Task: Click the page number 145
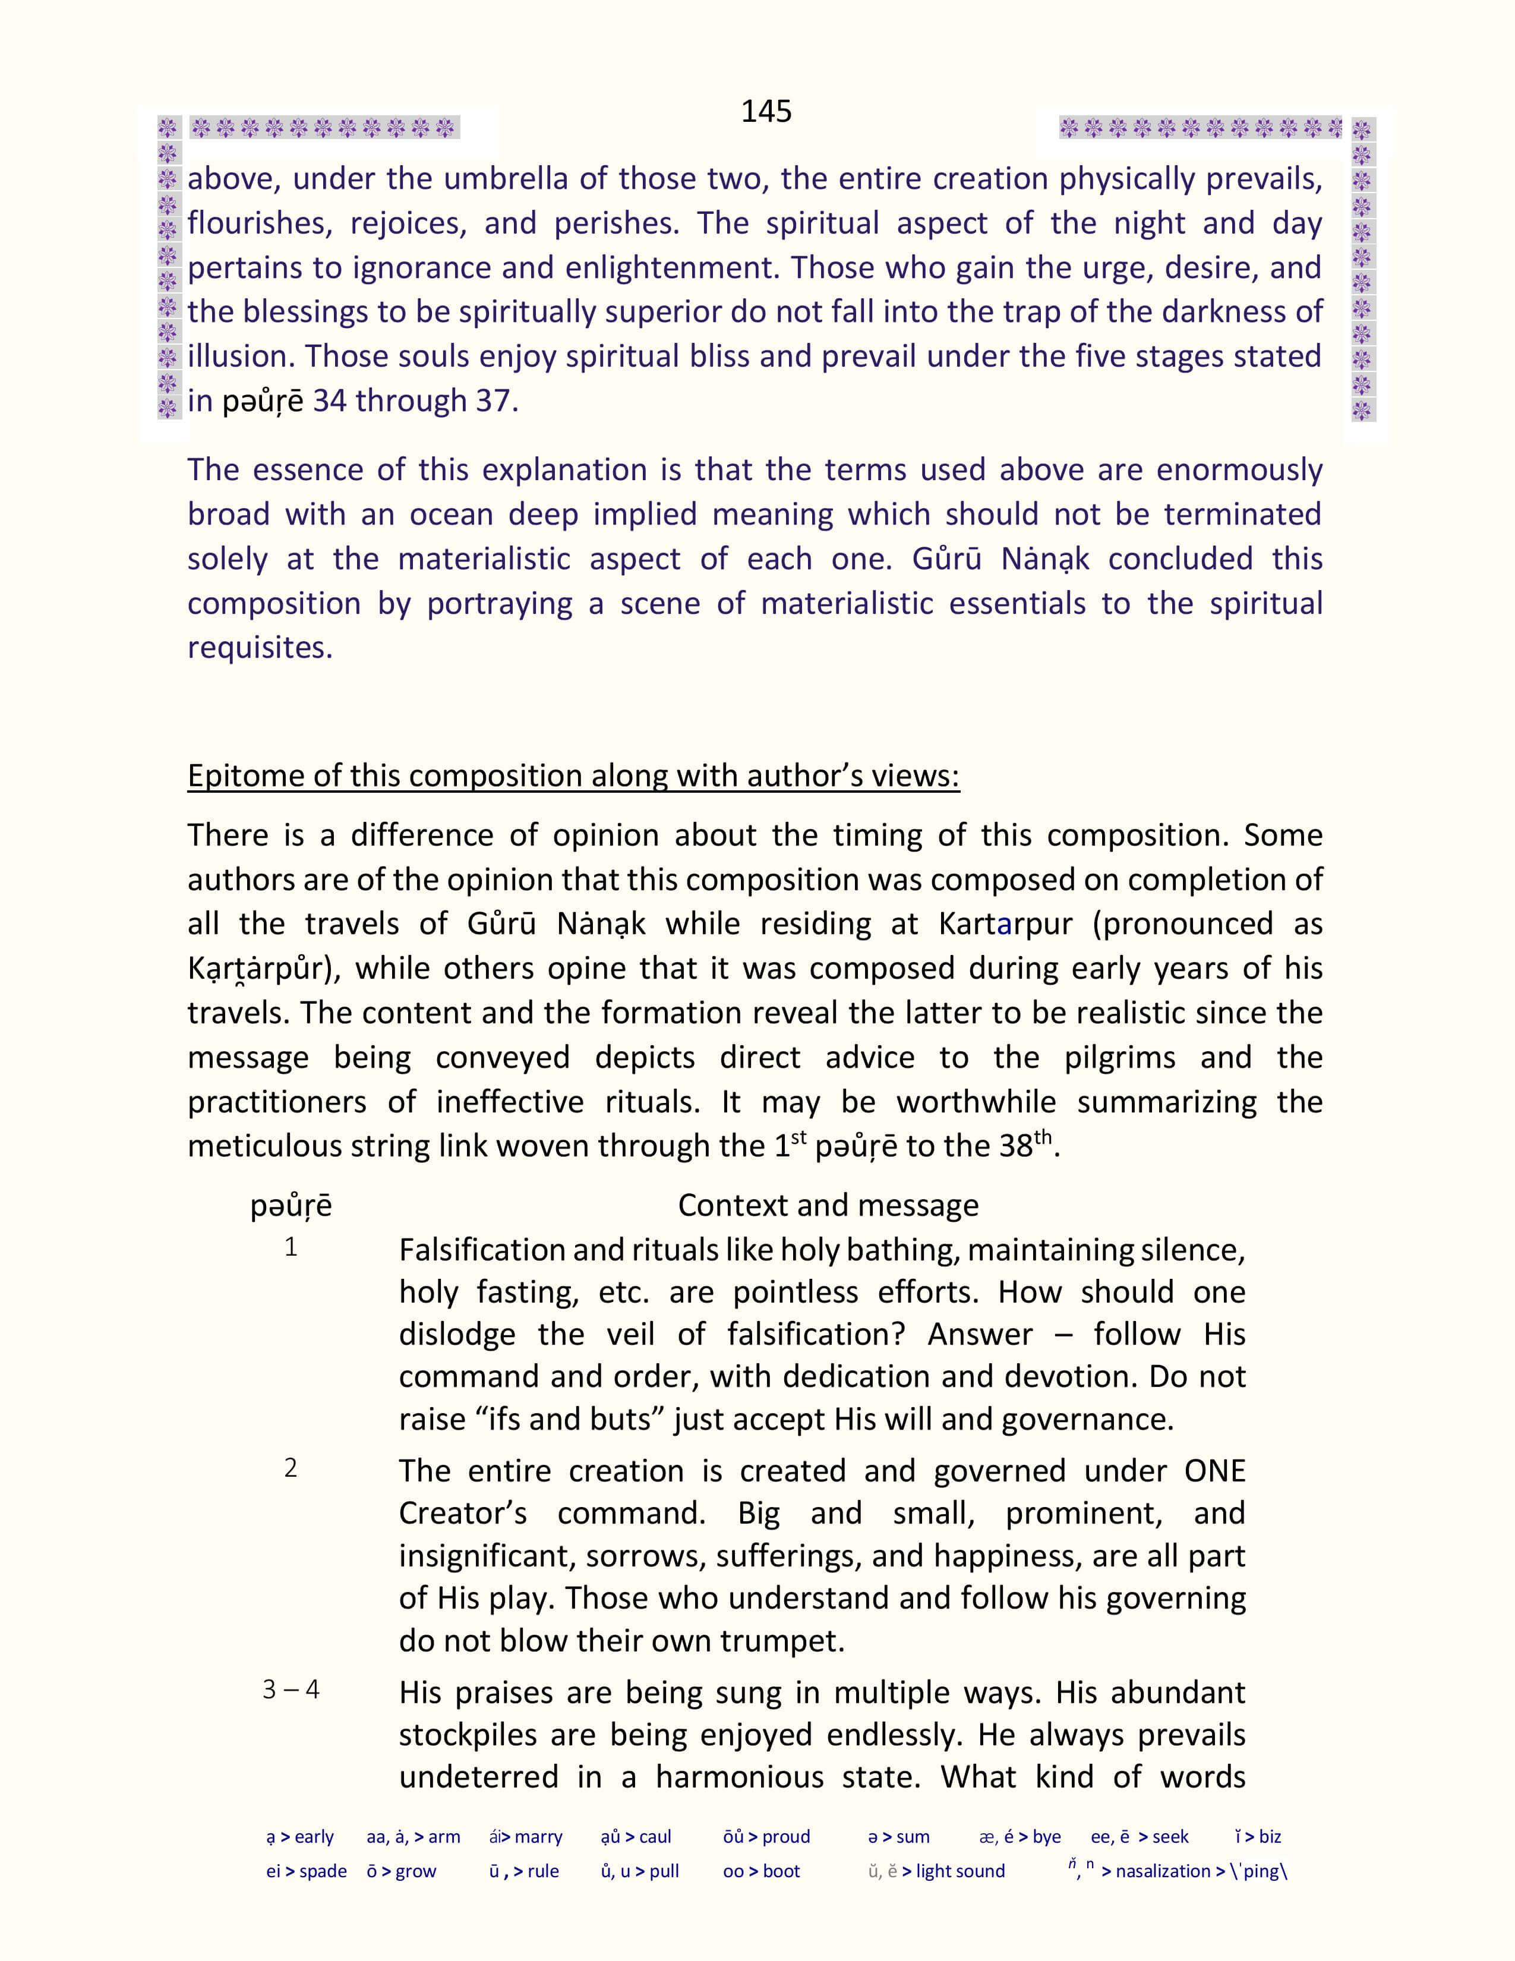(766, 111)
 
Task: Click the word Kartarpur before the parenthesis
(1005, 924)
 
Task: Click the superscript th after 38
(1042, 1137)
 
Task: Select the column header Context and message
(828, 1205)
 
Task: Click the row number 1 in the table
(291, 1247)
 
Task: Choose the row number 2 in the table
(291, 1468)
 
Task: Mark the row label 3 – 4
(291, 1690)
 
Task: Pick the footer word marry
(538, 1837)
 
